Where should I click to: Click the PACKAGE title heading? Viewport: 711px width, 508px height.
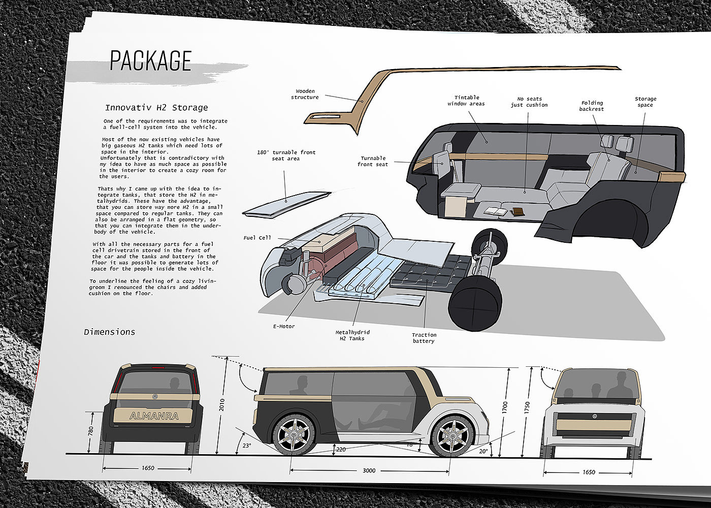click(x=151, y=61)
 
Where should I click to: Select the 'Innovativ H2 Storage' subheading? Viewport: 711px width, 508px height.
click(x=156, y=108)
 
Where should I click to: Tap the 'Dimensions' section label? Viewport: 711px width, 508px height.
click(x=110, y=332)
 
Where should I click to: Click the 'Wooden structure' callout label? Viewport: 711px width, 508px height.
click(x=305, y=94)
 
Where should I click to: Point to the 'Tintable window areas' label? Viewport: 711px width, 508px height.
click(x=466, y=101)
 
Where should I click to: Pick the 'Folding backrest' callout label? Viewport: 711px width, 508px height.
click(x=592, y=106)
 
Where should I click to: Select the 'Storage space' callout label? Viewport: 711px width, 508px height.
click(x=645, y=102)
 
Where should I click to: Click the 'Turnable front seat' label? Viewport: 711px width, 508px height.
click(x=373, y=162)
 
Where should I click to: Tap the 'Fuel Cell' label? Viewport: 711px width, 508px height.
click(x=257, y=238)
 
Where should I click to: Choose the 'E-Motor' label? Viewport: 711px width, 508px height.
click(x=284, y=326)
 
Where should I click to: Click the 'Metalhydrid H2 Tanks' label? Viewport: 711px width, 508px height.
click(x=352, y=335)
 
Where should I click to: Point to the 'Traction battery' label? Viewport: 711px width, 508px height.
click(x=424, y=338)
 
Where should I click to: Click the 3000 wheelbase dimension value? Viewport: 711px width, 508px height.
click(x=369, y=470)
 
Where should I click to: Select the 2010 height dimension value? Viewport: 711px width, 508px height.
click(x=221, y=405)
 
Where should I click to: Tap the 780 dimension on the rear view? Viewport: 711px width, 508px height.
click(x=91, y=431)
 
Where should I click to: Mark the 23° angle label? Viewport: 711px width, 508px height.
click(x=247, y=446)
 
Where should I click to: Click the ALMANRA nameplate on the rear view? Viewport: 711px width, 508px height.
click(x=154, y=416)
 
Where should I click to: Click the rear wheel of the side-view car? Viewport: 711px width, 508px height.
click(x=294, y=436)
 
